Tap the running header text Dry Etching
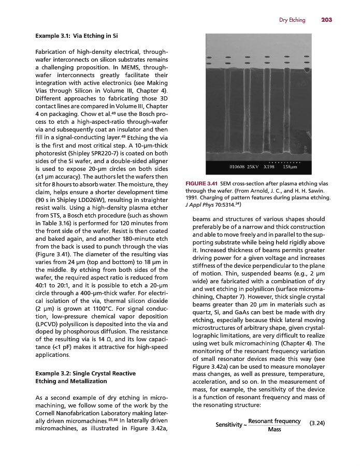click(292, 20)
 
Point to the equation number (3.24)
click(316, 423)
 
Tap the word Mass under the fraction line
click(275, 430)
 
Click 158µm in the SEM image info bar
click(290, 167)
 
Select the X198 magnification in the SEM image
click(269, 167)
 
